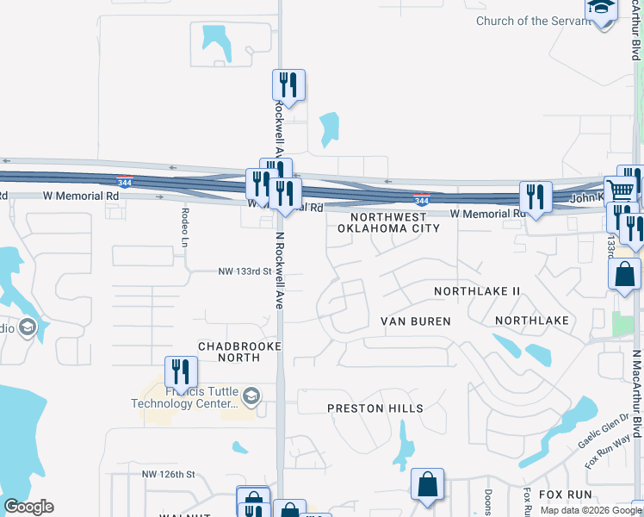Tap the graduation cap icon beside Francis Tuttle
point(251,396)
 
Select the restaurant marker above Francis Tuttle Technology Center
point(181,371)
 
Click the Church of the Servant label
point(535,21)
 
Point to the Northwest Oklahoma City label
point(388,222)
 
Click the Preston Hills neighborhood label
point(375,408)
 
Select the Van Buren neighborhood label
point(416,321)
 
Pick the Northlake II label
point(477,291)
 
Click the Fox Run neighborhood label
point(566,495)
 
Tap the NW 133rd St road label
point(244,271)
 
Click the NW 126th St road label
point(169,474)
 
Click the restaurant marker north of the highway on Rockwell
point(288,85)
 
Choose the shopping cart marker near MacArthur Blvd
point(620,191)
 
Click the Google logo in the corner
point(28,507)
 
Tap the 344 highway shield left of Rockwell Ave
point(126,181)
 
